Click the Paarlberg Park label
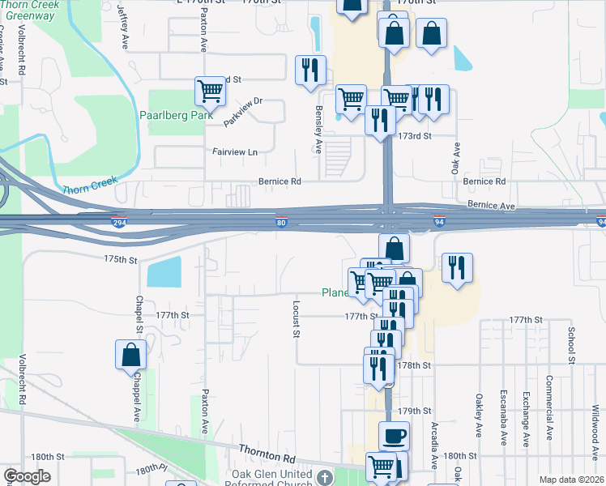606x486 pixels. (x=175, y=116)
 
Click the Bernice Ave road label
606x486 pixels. (x=491, y=207)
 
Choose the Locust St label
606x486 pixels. (x=297, y=319)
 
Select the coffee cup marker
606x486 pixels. (x=395, y=436)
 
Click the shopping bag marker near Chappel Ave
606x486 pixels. (x=131, y=355)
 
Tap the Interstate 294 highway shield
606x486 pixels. (x=118, y=221)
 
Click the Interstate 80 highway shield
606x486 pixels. (x=280, y=222)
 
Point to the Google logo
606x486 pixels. (x=28, y=475)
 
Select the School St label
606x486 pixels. (x=571, y=345)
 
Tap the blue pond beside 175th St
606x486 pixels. (x=165, y=271)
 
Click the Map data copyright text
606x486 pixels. (x=570, y=480)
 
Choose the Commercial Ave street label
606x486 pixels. (x=548, y=420)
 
